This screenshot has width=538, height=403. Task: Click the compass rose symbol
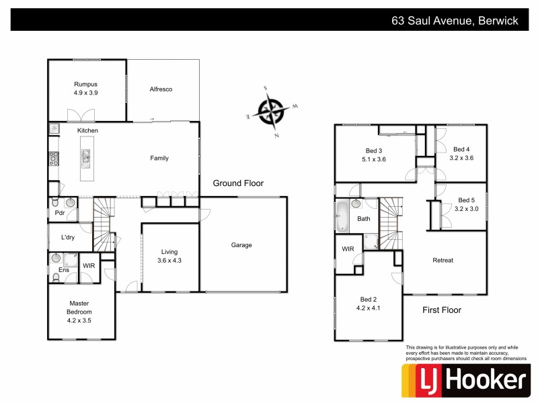click(272, 111)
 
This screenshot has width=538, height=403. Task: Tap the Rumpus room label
click(86, 84)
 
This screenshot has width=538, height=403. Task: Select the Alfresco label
click(161, 89)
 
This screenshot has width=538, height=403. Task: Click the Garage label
click(241, 245)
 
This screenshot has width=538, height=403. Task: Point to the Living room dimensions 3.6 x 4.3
click(169, 260)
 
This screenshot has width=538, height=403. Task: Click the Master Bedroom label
click(79, 308)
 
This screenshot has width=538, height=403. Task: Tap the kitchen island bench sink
click(86, 158)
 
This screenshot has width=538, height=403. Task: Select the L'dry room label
click(68, 237)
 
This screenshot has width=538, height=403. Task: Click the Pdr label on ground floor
click(59, 213)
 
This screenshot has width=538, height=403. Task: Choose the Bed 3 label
click(374, 150)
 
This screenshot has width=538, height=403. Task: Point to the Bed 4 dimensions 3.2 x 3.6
click(463, 159)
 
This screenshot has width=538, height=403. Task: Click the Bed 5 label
click(466, 200)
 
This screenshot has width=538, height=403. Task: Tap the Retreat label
click(443, 260)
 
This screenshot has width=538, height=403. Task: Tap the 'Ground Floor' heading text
click(238, 183)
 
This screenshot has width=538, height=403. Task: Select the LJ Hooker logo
click(464, 381)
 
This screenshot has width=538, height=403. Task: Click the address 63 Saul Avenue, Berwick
click(455, 20)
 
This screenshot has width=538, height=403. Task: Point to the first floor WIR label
click(348, 249)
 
